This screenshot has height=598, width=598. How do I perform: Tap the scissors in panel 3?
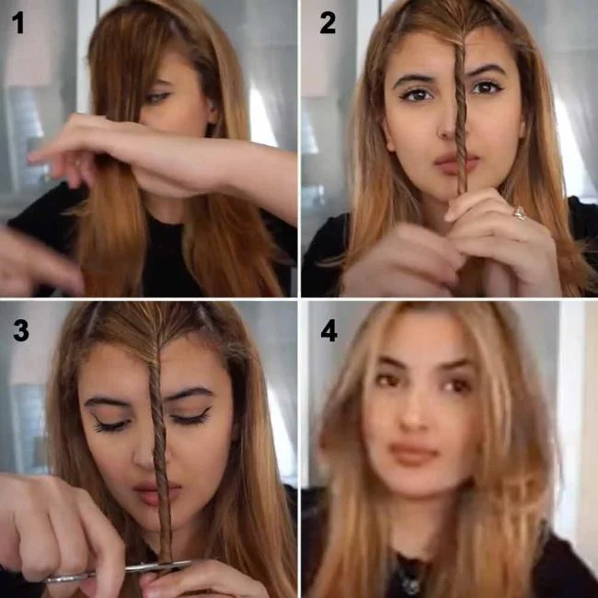(120, 570)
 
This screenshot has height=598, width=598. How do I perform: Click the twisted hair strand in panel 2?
(459, 120)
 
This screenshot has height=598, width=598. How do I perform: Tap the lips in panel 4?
(414, 454)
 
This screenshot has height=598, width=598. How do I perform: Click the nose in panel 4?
(416, 414)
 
